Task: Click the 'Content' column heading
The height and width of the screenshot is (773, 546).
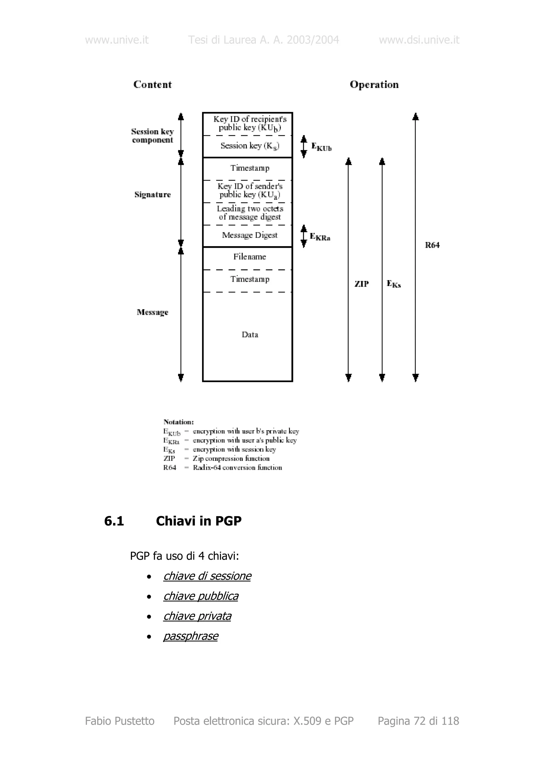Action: (x=152, y=85)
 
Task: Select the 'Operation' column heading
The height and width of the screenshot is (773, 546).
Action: (x=374, y=85)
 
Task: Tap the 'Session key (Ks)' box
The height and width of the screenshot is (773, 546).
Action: (x=250, y=146)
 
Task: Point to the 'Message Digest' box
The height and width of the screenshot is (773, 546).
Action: (x=250, y=235)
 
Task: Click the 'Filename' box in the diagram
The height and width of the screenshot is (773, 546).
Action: (x=250, y=257)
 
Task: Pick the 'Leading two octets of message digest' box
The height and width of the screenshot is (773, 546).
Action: (x=250, y=213)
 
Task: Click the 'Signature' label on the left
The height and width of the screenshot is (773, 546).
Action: (x=152, y=195)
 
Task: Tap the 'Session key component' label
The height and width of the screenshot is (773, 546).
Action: (x=152, y=136)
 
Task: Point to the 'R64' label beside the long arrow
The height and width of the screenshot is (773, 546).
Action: (x=432, y=245)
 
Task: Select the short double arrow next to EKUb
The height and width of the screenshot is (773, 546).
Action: (x=304, y=147)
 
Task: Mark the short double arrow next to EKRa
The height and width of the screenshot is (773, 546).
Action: (x=304, y=236)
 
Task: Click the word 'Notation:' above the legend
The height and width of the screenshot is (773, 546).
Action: (x=178, y=422)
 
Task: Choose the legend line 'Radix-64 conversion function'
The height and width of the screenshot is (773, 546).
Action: (x=237, y=468)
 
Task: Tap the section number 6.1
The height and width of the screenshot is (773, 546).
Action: (x=114, y=521)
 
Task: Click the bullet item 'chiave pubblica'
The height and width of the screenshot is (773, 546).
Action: (x=201, y=596)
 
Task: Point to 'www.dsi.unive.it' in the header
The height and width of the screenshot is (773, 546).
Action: (x=419, y=40)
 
